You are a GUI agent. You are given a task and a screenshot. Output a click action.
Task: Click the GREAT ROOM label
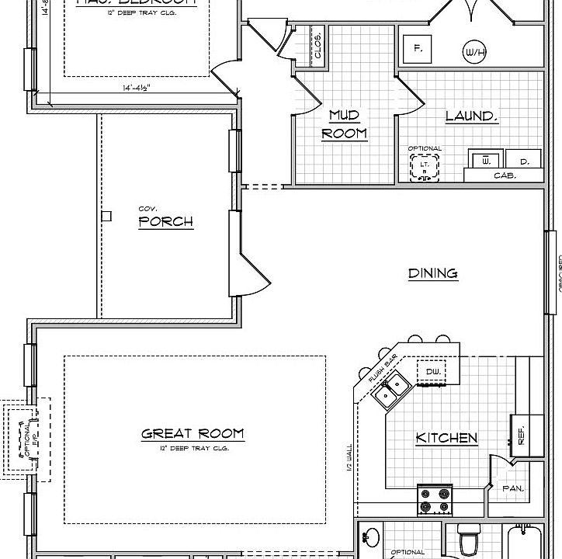tap(193, 434)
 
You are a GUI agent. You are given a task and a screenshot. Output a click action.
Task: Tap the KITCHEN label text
tap(446, 439)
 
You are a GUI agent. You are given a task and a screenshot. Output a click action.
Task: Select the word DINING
tap(433, 273)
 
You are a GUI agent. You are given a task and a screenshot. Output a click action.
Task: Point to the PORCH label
tap(165, 222)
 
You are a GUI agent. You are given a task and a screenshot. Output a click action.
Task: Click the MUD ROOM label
tap(344, 124)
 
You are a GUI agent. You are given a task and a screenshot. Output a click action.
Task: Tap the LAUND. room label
tap(470, 116)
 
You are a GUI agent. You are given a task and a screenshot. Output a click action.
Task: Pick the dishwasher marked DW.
tap(433, 373)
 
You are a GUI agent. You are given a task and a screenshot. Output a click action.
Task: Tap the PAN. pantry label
tap(513, 489)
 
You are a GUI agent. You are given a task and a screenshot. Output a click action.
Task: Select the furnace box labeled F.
tap(418, 49)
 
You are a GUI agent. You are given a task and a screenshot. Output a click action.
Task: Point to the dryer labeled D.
tap(525, 161)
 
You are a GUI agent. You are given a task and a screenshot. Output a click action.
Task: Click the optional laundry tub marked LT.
tap(425, 166)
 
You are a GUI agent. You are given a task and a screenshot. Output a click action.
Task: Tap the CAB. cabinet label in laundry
tap(505, 176)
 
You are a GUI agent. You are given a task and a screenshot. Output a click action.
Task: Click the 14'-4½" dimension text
tap(137, 89)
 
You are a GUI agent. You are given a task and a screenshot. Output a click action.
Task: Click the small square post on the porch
tap(107, 216)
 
